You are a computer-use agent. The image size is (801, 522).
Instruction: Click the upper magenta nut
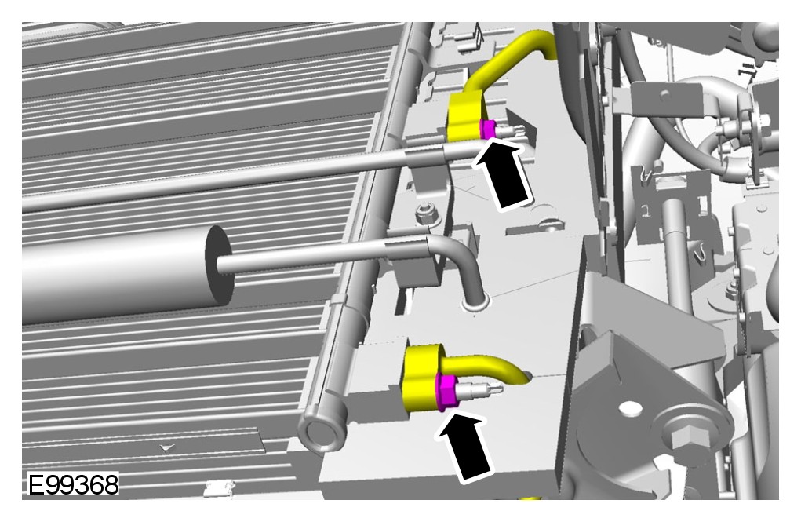[x=488, y=128]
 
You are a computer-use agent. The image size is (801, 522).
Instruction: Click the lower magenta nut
[x=448, y=392]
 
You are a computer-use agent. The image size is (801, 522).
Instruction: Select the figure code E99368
[x=73, y=484]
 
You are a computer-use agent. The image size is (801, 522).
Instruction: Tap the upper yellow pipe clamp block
[x=465, y=119]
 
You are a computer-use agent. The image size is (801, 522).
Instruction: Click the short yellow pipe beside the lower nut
[x=486, y=367]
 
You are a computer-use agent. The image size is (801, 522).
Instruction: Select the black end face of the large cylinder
[x=219, y=266]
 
